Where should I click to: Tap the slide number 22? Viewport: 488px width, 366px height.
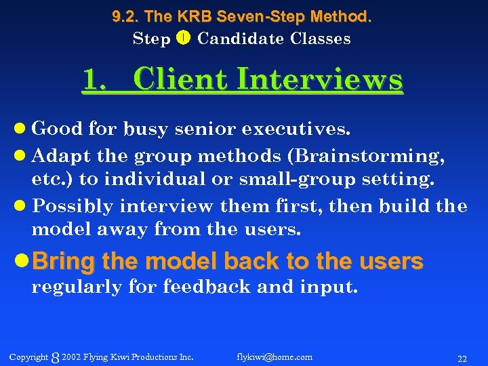click(462, 358)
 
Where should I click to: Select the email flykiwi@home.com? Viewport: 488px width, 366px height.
click(274, 357)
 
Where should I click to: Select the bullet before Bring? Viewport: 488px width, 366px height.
click(24, 262)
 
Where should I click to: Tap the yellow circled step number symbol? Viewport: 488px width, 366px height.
click(183, 39)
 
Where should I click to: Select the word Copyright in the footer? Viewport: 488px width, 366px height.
click(29, 357)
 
